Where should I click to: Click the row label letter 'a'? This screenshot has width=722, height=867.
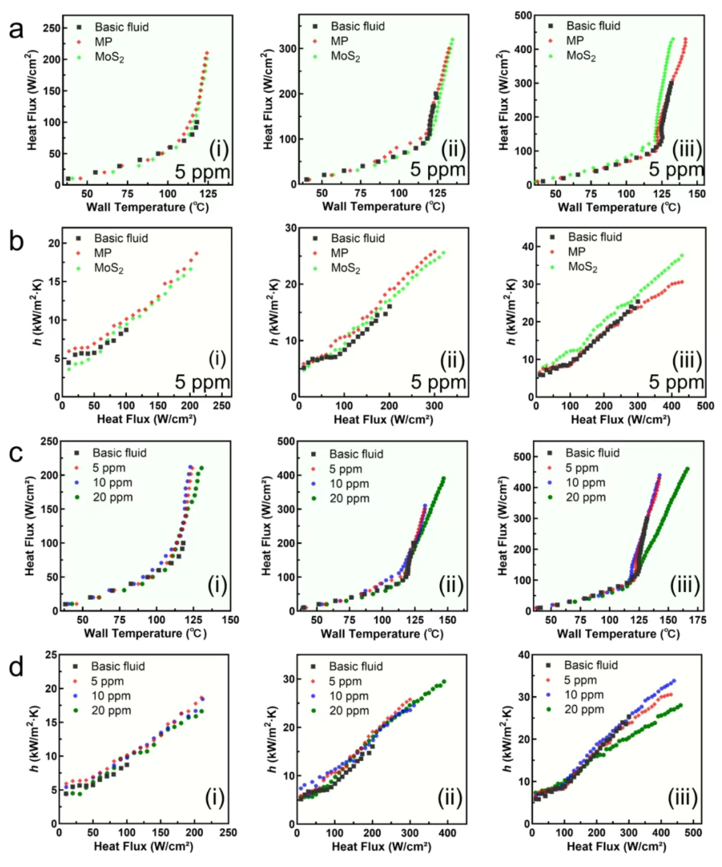click(16, 29)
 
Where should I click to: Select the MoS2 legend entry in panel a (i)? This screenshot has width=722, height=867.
click(109, 57)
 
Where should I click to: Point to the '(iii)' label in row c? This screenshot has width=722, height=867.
click(684, 585)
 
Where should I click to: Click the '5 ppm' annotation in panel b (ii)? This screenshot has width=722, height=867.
click(438, 382)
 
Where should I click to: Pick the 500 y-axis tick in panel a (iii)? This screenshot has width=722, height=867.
click(523, 16)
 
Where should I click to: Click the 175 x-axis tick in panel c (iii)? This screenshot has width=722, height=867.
click(697, 620)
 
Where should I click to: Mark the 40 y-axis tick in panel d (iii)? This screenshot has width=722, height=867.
click(524, 655)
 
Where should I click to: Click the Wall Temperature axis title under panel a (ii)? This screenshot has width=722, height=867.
click(383, 207)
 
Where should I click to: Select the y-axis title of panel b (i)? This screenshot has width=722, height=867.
click(37, 313)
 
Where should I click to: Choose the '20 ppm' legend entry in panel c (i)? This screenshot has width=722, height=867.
click(112, 498)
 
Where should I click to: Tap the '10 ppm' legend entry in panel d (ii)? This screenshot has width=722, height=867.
click(349, 696)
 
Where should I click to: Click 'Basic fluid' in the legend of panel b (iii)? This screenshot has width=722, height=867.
click(595, 237)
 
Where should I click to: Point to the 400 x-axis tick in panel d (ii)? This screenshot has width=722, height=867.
click(447, 833)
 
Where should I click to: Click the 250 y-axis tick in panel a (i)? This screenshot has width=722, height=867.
click(52, 28)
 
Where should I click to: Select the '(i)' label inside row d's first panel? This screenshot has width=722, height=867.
click(214, 797)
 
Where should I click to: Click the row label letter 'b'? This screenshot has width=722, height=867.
click(16, 241)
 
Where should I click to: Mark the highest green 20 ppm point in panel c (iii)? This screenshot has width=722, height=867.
click(687, 469)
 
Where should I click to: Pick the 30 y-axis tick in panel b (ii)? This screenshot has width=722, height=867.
click(290, 228)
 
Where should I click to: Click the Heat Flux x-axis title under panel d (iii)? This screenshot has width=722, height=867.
click(616, 846)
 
